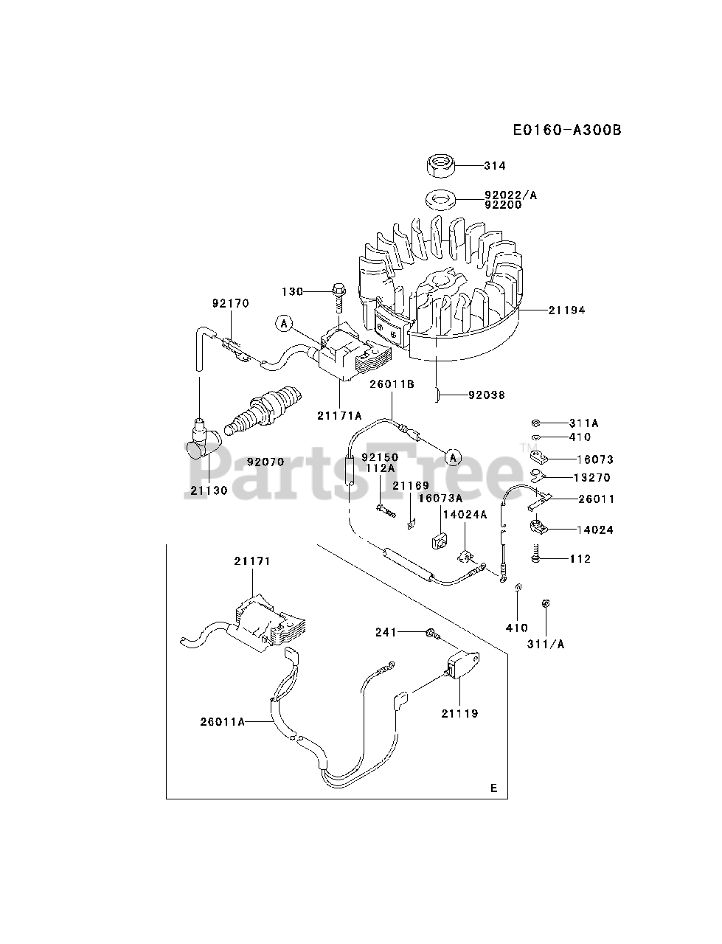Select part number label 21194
(x=566, y=310)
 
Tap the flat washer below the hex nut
(x=440, y=199)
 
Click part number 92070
(x=265, y=462)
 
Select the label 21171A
(x=339, y=416)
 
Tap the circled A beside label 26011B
(x=453, y=458)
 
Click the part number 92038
(x=487, y=395)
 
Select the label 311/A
(x=546, y=644)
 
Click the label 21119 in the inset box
(x=459, y=713)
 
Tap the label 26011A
(x=222, y=722)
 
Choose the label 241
(x=386, y=632)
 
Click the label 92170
(x=231, y=302)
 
